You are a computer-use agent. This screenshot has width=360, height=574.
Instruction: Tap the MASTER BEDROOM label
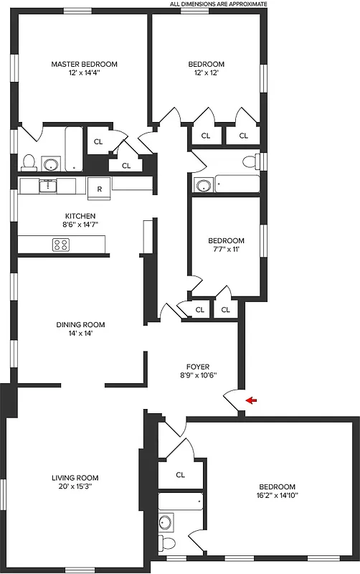click(84, 64)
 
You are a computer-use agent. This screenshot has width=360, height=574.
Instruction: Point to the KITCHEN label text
click(80, 215)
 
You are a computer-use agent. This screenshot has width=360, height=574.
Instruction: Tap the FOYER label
click(198, 367)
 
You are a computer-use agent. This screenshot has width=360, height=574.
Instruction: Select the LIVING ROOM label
click(75, 478)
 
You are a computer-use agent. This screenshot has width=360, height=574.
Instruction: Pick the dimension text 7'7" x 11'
click(226, 249)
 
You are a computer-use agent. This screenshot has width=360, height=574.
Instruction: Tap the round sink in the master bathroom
click(50, 164)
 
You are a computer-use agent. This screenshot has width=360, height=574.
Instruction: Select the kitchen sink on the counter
click(48, 187)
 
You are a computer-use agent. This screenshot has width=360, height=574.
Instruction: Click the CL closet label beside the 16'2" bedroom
click(180, 474)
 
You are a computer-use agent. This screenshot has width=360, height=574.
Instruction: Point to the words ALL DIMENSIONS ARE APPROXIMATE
click(218, 4)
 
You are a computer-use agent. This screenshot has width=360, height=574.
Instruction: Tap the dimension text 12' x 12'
click(207, 72)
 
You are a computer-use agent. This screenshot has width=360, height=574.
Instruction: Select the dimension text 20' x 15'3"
click(75, 486)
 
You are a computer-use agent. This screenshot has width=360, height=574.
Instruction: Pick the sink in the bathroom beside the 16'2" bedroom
click(166, 522)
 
